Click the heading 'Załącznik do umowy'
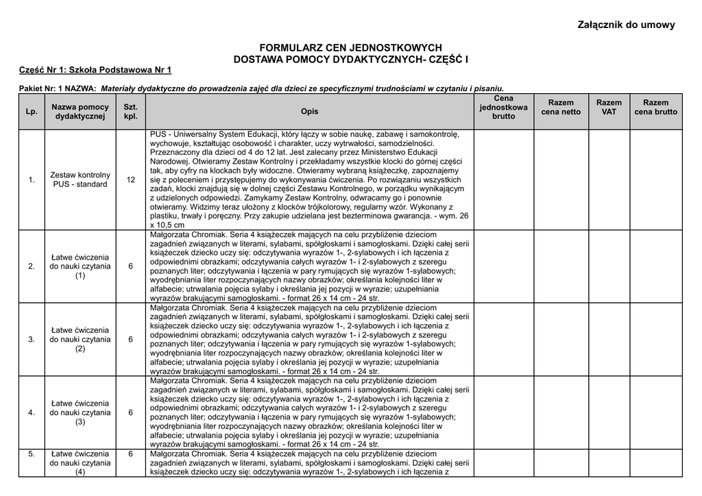tap(627, 25)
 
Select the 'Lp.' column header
tap(32, 112)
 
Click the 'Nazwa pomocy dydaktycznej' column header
tap(80, 112)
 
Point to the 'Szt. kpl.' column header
tap(130, 112)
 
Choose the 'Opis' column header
tap(309, 112)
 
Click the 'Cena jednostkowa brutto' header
tap(503, 108)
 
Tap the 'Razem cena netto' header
tap(561, 107)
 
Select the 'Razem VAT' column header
tap(609, 107)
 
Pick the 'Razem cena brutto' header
tap(655, 107)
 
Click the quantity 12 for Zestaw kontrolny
tap(130, 179)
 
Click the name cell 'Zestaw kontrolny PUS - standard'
tap(80, 179)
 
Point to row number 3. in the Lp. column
tap(32, 339)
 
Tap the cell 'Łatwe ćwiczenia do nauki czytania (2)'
tap(80, 339)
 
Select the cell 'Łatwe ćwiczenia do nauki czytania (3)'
tap(80, 412)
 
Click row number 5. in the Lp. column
tap(32, 454)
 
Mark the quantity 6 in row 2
tap(130, 266)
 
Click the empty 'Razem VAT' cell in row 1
tap(609, 179)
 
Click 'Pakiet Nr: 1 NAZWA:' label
tap(58, 88)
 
